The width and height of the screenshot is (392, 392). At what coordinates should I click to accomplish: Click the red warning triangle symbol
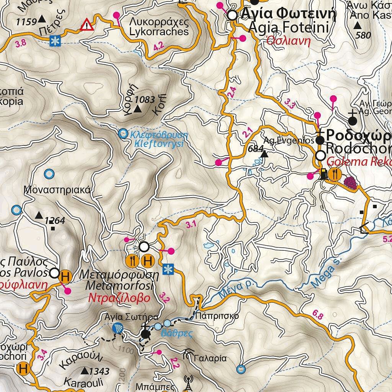87,25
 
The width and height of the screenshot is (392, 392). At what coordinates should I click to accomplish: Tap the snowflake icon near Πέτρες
56,41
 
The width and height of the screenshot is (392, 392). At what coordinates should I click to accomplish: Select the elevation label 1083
145,100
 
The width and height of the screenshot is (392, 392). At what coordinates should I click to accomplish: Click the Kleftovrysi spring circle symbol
123,133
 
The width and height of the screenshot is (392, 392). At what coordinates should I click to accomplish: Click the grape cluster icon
350,181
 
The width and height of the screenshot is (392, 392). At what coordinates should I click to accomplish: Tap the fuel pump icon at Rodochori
324,174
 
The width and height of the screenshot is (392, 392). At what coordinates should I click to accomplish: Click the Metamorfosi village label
119,286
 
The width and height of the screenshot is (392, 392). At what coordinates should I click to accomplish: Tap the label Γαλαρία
211,359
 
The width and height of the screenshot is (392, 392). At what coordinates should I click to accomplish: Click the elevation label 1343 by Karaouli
99,371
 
